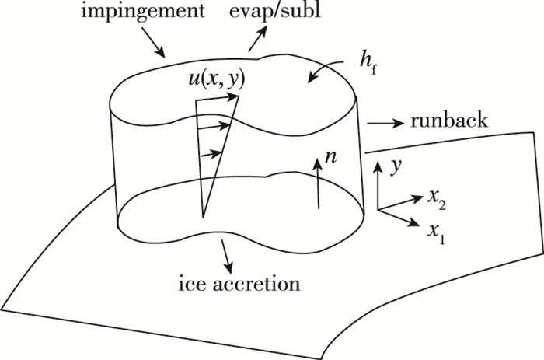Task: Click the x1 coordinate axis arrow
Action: point(396,217)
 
